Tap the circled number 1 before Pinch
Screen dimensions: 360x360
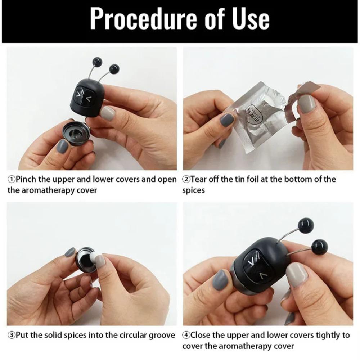click(11, 179)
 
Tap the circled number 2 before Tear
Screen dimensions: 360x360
click(186, 179)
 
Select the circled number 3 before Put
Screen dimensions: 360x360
click(11, 335)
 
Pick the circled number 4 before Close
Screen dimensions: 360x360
click(186, 335)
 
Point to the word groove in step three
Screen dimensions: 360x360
click(163, 335)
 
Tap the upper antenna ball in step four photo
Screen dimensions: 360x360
click(306, 225)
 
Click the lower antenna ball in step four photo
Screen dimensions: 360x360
click(319, 247)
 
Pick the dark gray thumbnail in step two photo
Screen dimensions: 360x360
click(227, 120)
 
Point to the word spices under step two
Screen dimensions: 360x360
click(194, 190)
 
